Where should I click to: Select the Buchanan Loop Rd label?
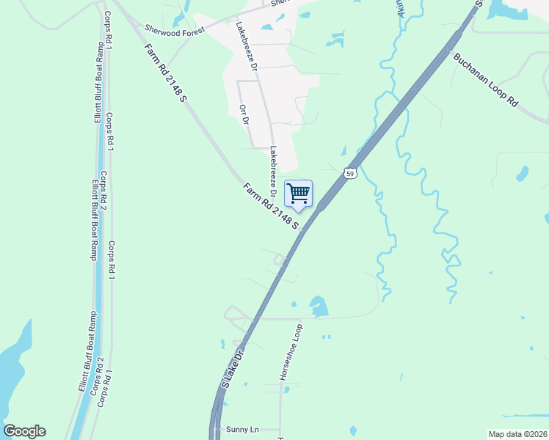[486, 81]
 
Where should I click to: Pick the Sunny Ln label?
[244, 429]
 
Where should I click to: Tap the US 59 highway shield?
[350, 173]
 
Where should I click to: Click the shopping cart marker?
[298, 194]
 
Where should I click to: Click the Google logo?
[24, 430]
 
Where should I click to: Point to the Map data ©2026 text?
[517, 434]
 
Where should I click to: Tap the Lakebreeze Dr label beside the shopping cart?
[273, 173]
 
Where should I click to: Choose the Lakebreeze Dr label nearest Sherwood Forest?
[245, 45]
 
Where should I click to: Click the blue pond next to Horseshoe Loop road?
[318, 307]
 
